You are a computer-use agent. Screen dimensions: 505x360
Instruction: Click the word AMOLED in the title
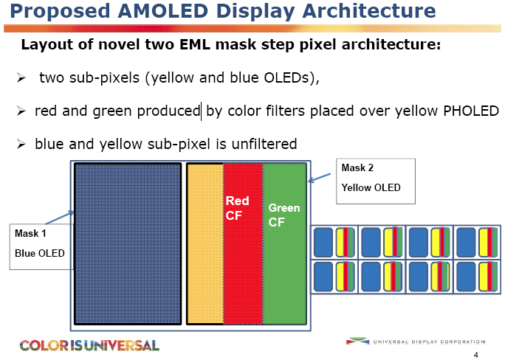pos(162,10)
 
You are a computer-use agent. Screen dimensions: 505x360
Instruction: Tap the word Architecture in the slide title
pos(369,10)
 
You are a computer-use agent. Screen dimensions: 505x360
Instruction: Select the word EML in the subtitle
pos(194,44)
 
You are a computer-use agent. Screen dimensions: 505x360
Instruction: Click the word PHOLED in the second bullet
pos(471,111)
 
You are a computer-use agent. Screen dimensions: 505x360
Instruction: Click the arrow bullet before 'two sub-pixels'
pos(21,77)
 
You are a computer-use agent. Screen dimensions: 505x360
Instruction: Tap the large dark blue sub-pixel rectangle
pos(128,243)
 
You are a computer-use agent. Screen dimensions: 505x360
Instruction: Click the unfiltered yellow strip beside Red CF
pos(205,243)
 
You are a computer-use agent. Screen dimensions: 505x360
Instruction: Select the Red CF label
pos(237,208)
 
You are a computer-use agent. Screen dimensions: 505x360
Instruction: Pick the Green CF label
pos(284,215)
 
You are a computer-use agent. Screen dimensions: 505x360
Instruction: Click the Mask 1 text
pos(30,233)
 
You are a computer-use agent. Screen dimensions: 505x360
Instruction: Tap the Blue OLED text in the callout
pos(40,253)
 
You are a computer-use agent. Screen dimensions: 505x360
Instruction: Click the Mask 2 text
pos(357,167)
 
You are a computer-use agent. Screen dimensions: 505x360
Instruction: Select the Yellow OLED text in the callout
pos(371,187)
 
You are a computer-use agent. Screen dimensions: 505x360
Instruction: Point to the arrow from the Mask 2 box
pos(319,178)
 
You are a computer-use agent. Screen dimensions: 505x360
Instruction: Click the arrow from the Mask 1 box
pos(60,218)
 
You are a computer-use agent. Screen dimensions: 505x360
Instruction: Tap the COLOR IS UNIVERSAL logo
pos(89,345)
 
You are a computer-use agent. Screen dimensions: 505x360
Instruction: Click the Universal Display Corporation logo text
pos(429,342)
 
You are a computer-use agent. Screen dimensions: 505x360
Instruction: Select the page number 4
pos(476,355)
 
